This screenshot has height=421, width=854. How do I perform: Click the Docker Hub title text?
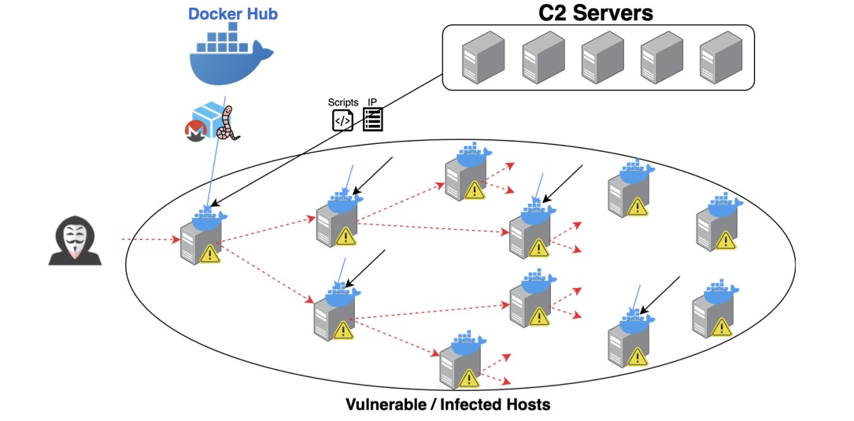tap(233, 14)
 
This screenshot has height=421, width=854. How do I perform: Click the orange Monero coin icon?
tap(194, 133)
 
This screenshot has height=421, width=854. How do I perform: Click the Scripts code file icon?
tap(342, 120)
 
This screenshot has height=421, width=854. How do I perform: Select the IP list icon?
tap(372, 120)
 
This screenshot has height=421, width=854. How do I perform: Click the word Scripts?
tap(343, 102)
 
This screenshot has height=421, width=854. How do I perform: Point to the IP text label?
tap(373, 102)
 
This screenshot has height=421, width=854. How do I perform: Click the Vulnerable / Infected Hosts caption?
tap(448, 405)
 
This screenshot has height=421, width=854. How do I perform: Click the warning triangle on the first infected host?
tap(209, 253)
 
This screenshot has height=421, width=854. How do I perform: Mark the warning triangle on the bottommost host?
tap(470, 377)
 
